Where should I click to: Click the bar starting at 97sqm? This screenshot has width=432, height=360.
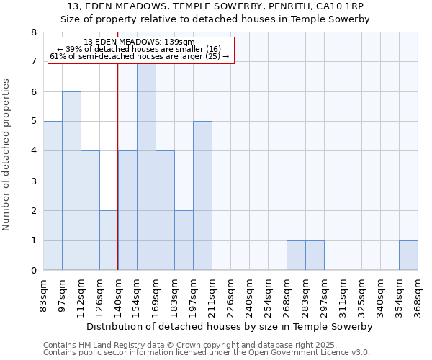pos(71,181)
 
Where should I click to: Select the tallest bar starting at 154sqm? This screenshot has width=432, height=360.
pos(146,167)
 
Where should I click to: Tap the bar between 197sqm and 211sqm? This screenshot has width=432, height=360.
pos(202,196)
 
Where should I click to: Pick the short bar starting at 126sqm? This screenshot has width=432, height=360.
pos(109,240)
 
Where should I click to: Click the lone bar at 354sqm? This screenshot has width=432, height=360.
pos(408,256)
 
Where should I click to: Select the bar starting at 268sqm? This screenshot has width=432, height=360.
pos(296,256)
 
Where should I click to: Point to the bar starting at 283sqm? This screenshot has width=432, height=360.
pos(315,256)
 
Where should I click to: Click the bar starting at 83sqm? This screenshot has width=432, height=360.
pos(53,196)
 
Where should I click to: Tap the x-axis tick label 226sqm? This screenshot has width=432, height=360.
pos(230,294)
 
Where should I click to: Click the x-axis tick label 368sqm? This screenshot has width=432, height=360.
pos(418,294)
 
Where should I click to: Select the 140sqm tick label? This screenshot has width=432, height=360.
pos(118,294)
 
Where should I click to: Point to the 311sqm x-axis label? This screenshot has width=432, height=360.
pos(343,294)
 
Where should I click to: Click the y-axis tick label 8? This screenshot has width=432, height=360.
pos(33,32)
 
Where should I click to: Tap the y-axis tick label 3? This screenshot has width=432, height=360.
pos(33,181)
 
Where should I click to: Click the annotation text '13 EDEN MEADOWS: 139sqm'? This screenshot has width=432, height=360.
pos(139,42)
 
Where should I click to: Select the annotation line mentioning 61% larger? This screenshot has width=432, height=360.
pos(139,56)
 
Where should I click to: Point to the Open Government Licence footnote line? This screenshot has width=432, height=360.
pos(207,352)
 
